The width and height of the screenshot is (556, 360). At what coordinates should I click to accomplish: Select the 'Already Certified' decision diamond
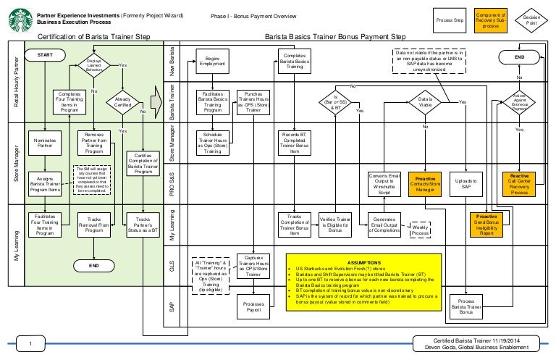pyautogui.click(x=122, y=101)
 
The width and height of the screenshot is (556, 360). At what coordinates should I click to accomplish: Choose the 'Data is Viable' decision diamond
pyautogui.click(x=425, y=102)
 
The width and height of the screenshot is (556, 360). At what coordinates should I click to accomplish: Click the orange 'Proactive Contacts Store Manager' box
pyautogui.click(x=425, y=184)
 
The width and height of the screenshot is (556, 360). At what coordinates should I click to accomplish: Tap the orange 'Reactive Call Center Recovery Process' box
pyautogui.click(x=519, y=184)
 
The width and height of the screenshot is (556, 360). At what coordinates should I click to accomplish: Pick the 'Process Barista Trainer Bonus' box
pyautogui.click(x=467, y=306)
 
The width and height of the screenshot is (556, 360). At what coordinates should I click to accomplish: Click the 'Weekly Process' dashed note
pyautogui.click(x=420, y=229)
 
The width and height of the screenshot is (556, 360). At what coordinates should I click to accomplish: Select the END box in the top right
pyautogui.click(x=519, y=56)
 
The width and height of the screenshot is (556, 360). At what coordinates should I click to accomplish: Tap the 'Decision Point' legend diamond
pyautogui.click(x=531, y=20)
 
